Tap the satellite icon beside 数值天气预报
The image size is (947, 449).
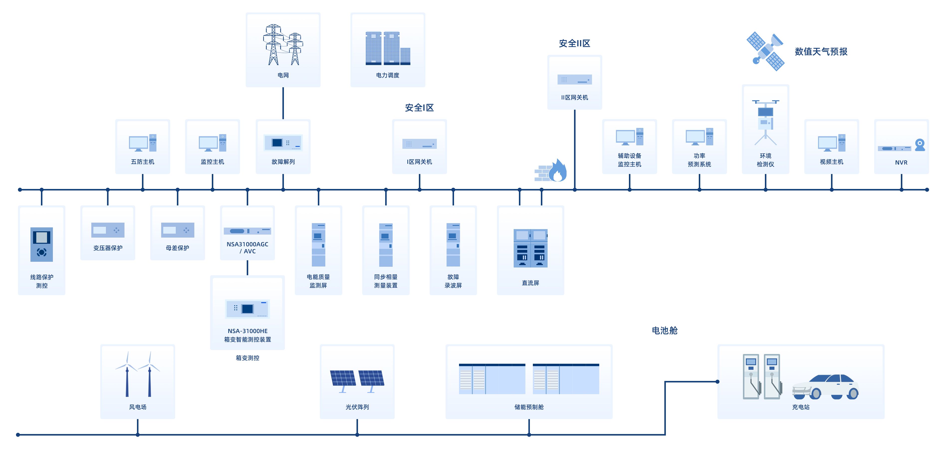pyautogui.click(x=765, y=51)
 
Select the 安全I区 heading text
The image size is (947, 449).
pyautogui.click(x=419, y=108)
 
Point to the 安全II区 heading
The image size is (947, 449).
pyautogui.click(x=574, y=43)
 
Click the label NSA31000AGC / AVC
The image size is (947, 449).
pyautogui.click(x=247, y=248)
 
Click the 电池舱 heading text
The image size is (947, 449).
pyautogui.click(x=664, y=330)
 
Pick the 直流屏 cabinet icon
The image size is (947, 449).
pyautogui.click(x=530, y=248)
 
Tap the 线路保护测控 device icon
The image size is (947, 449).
pyautogui.click(x=42, y=244)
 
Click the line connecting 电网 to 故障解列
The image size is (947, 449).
pyautogui.click(x=283, y=103)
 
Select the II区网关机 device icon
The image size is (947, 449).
pyautogui.click(x=574, y=79)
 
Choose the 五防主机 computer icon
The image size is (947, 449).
pyautogui.click(x=143, y=143)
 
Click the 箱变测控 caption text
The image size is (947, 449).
pyautogui.click(x=247, y=358)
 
